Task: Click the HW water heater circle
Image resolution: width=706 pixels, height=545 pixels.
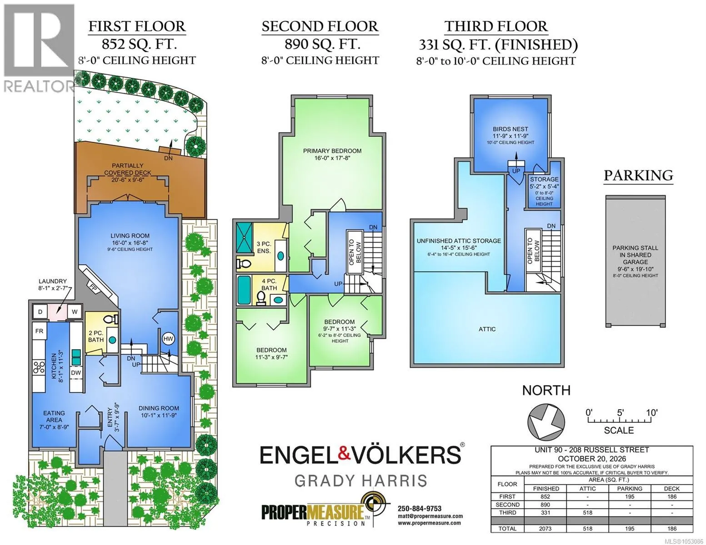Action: [168, 339]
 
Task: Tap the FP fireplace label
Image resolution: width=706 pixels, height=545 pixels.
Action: [93, 287]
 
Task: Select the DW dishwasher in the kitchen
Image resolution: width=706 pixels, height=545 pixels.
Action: [76, 372]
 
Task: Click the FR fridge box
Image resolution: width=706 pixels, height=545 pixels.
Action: [39, 331]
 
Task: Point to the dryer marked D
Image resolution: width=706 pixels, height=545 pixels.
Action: [40, 312]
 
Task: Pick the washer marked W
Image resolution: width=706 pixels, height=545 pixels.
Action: [75, 312]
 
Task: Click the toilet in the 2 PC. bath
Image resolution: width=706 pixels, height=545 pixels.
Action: [111, 319]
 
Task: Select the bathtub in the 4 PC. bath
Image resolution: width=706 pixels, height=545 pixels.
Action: [244, 290]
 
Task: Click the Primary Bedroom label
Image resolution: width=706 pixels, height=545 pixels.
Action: [332, 154]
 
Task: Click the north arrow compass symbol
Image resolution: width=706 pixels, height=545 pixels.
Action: [546, 421]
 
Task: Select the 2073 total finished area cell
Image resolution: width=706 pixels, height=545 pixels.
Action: [545, 529]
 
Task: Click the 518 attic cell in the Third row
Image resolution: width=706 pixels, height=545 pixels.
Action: [587, 513]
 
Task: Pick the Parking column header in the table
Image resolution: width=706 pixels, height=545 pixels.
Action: [630, 489]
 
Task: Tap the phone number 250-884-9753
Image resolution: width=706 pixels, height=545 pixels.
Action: [420, 509]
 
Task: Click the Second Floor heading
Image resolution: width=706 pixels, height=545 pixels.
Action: [320, 26]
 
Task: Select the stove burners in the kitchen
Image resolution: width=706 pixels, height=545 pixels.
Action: [39, 368]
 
